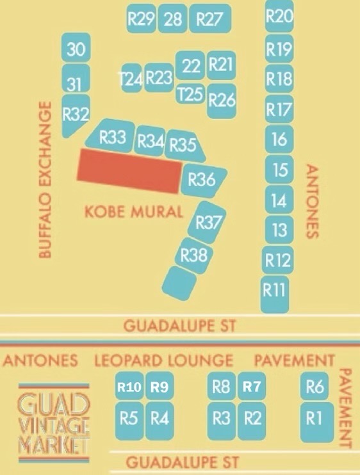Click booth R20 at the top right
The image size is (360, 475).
(x=279, y=17)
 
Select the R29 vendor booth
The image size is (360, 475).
(x=141, y=19)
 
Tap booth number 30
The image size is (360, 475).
(x=76, y=50)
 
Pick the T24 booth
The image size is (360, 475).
(x=131, y=79)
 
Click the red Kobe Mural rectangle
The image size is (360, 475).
(x=129, y=171)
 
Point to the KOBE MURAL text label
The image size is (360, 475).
(x=134, y=212)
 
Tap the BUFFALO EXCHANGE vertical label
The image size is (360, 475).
(x=44, y=179)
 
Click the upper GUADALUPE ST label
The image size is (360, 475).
(x=180, y=326)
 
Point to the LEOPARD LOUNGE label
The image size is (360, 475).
(x=163, y=360)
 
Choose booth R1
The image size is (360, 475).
(x=314, y=419)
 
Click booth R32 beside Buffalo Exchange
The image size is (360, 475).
(x=74, y=114)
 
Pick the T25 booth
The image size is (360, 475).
(x=190, y=94)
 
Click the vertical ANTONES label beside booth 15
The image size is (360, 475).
(x=311, y=201)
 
